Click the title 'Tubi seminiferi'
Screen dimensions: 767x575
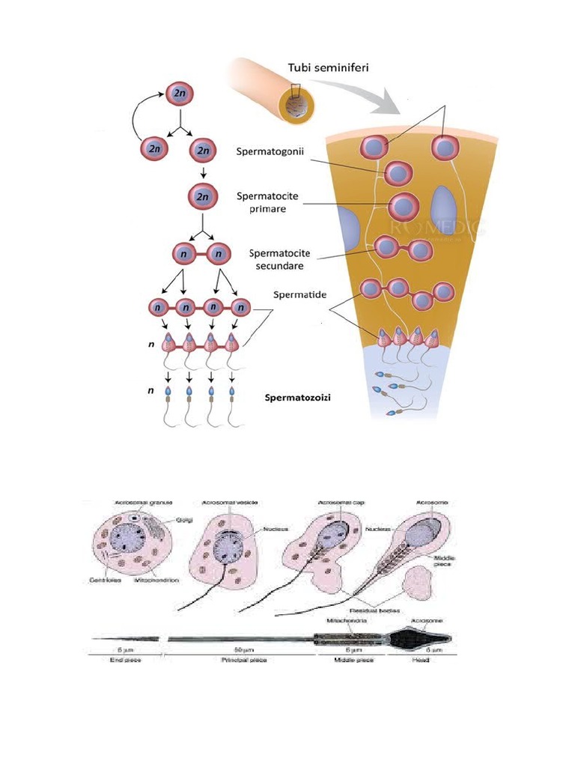click(x=328, y=68)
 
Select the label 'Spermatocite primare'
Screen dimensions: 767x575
click(x=267, y=202)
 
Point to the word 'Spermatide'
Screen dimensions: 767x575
click(x=300, y=296)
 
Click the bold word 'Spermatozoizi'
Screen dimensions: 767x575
click(x=298, y=398)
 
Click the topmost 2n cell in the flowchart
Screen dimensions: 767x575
click(x=180, y=94)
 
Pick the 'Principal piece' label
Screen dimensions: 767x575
click(x=243, y=660)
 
